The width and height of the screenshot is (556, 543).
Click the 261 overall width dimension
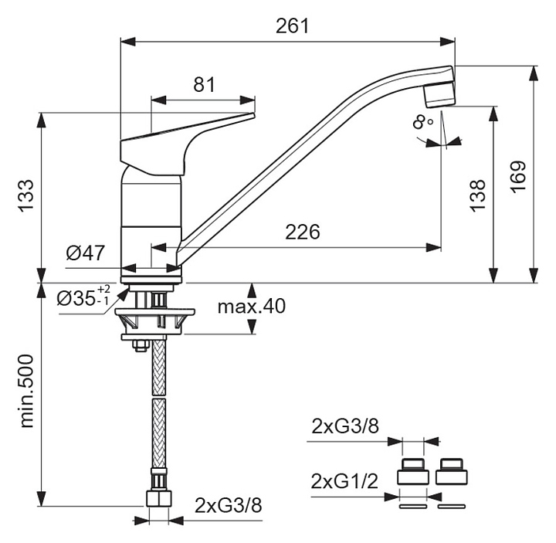coord(292,25)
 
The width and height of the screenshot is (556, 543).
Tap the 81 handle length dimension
coord(203,85)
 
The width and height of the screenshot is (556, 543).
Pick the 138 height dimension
coord(478,195)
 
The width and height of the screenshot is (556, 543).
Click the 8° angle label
coord(422,122)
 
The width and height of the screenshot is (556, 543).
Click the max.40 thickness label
coord(251,307)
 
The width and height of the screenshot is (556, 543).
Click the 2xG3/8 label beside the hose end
coord(228,506)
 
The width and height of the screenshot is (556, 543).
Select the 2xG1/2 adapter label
coord(344,483)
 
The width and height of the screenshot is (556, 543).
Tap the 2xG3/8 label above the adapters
coord(344,426)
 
